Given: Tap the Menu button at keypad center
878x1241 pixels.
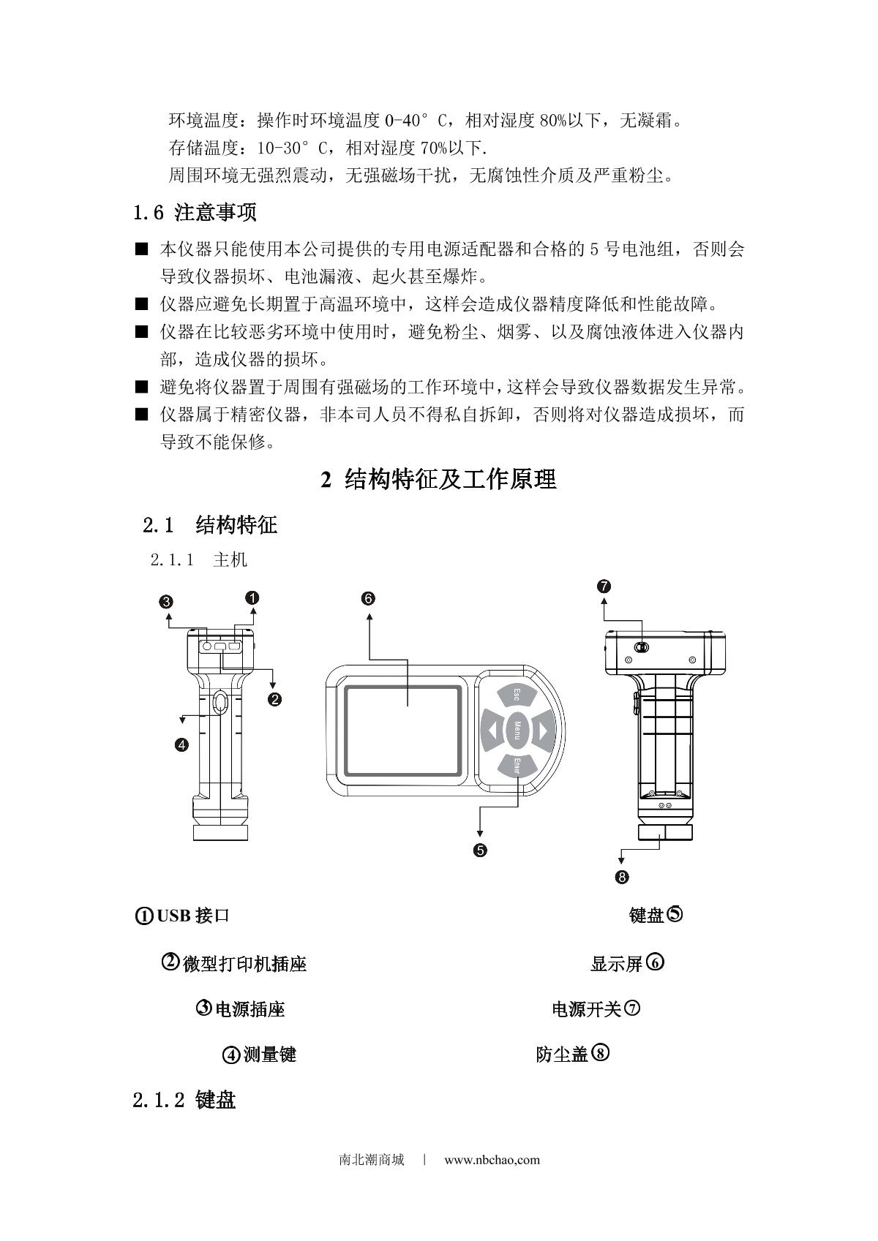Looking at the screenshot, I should [x=517, y=730].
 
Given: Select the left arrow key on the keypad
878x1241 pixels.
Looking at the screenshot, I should [x=492, y=730].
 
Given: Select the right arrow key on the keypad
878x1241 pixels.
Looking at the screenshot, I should [x=542, y=730].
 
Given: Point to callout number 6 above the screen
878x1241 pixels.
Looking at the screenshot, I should [x=368, y=598].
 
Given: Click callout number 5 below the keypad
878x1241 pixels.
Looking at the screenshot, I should [x=480, y=850].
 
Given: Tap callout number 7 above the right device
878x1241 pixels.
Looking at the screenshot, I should [x=604, y=586].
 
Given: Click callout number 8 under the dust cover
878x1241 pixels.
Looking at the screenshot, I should [x=622, y=877].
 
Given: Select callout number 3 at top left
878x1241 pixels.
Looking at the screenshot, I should [x=167, y=602].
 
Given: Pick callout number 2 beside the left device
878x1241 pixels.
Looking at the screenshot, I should [x=275, y=699].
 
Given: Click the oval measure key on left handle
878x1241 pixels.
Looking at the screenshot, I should [x=220, y=703].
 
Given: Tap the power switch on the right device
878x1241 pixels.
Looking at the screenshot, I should [x=642, y=647].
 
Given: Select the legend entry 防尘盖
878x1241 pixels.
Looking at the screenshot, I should [x=562, y=1055].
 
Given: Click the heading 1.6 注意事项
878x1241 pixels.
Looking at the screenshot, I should [x=195, y=213].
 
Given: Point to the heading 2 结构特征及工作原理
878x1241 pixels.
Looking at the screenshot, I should [x=439, y=479].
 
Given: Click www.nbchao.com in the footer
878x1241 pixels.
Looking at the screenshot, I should [x=492, y=1160].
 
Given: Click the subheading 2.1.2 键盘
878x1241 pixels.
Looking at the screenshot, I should [x=184, y=1100].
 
